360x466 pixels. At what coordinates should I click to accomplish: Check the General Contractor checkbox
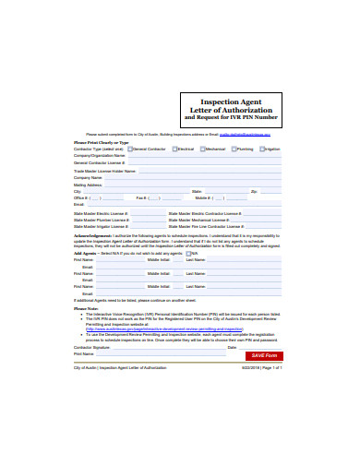coord(130,149)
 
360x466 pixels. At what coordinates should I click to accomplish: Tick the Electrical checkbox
coord(174,149)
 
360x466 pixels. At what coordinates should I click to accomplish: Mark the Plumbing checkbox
coord(234,149)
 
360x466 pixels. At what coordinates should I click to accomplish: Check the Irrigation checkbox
coord(261,149)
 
